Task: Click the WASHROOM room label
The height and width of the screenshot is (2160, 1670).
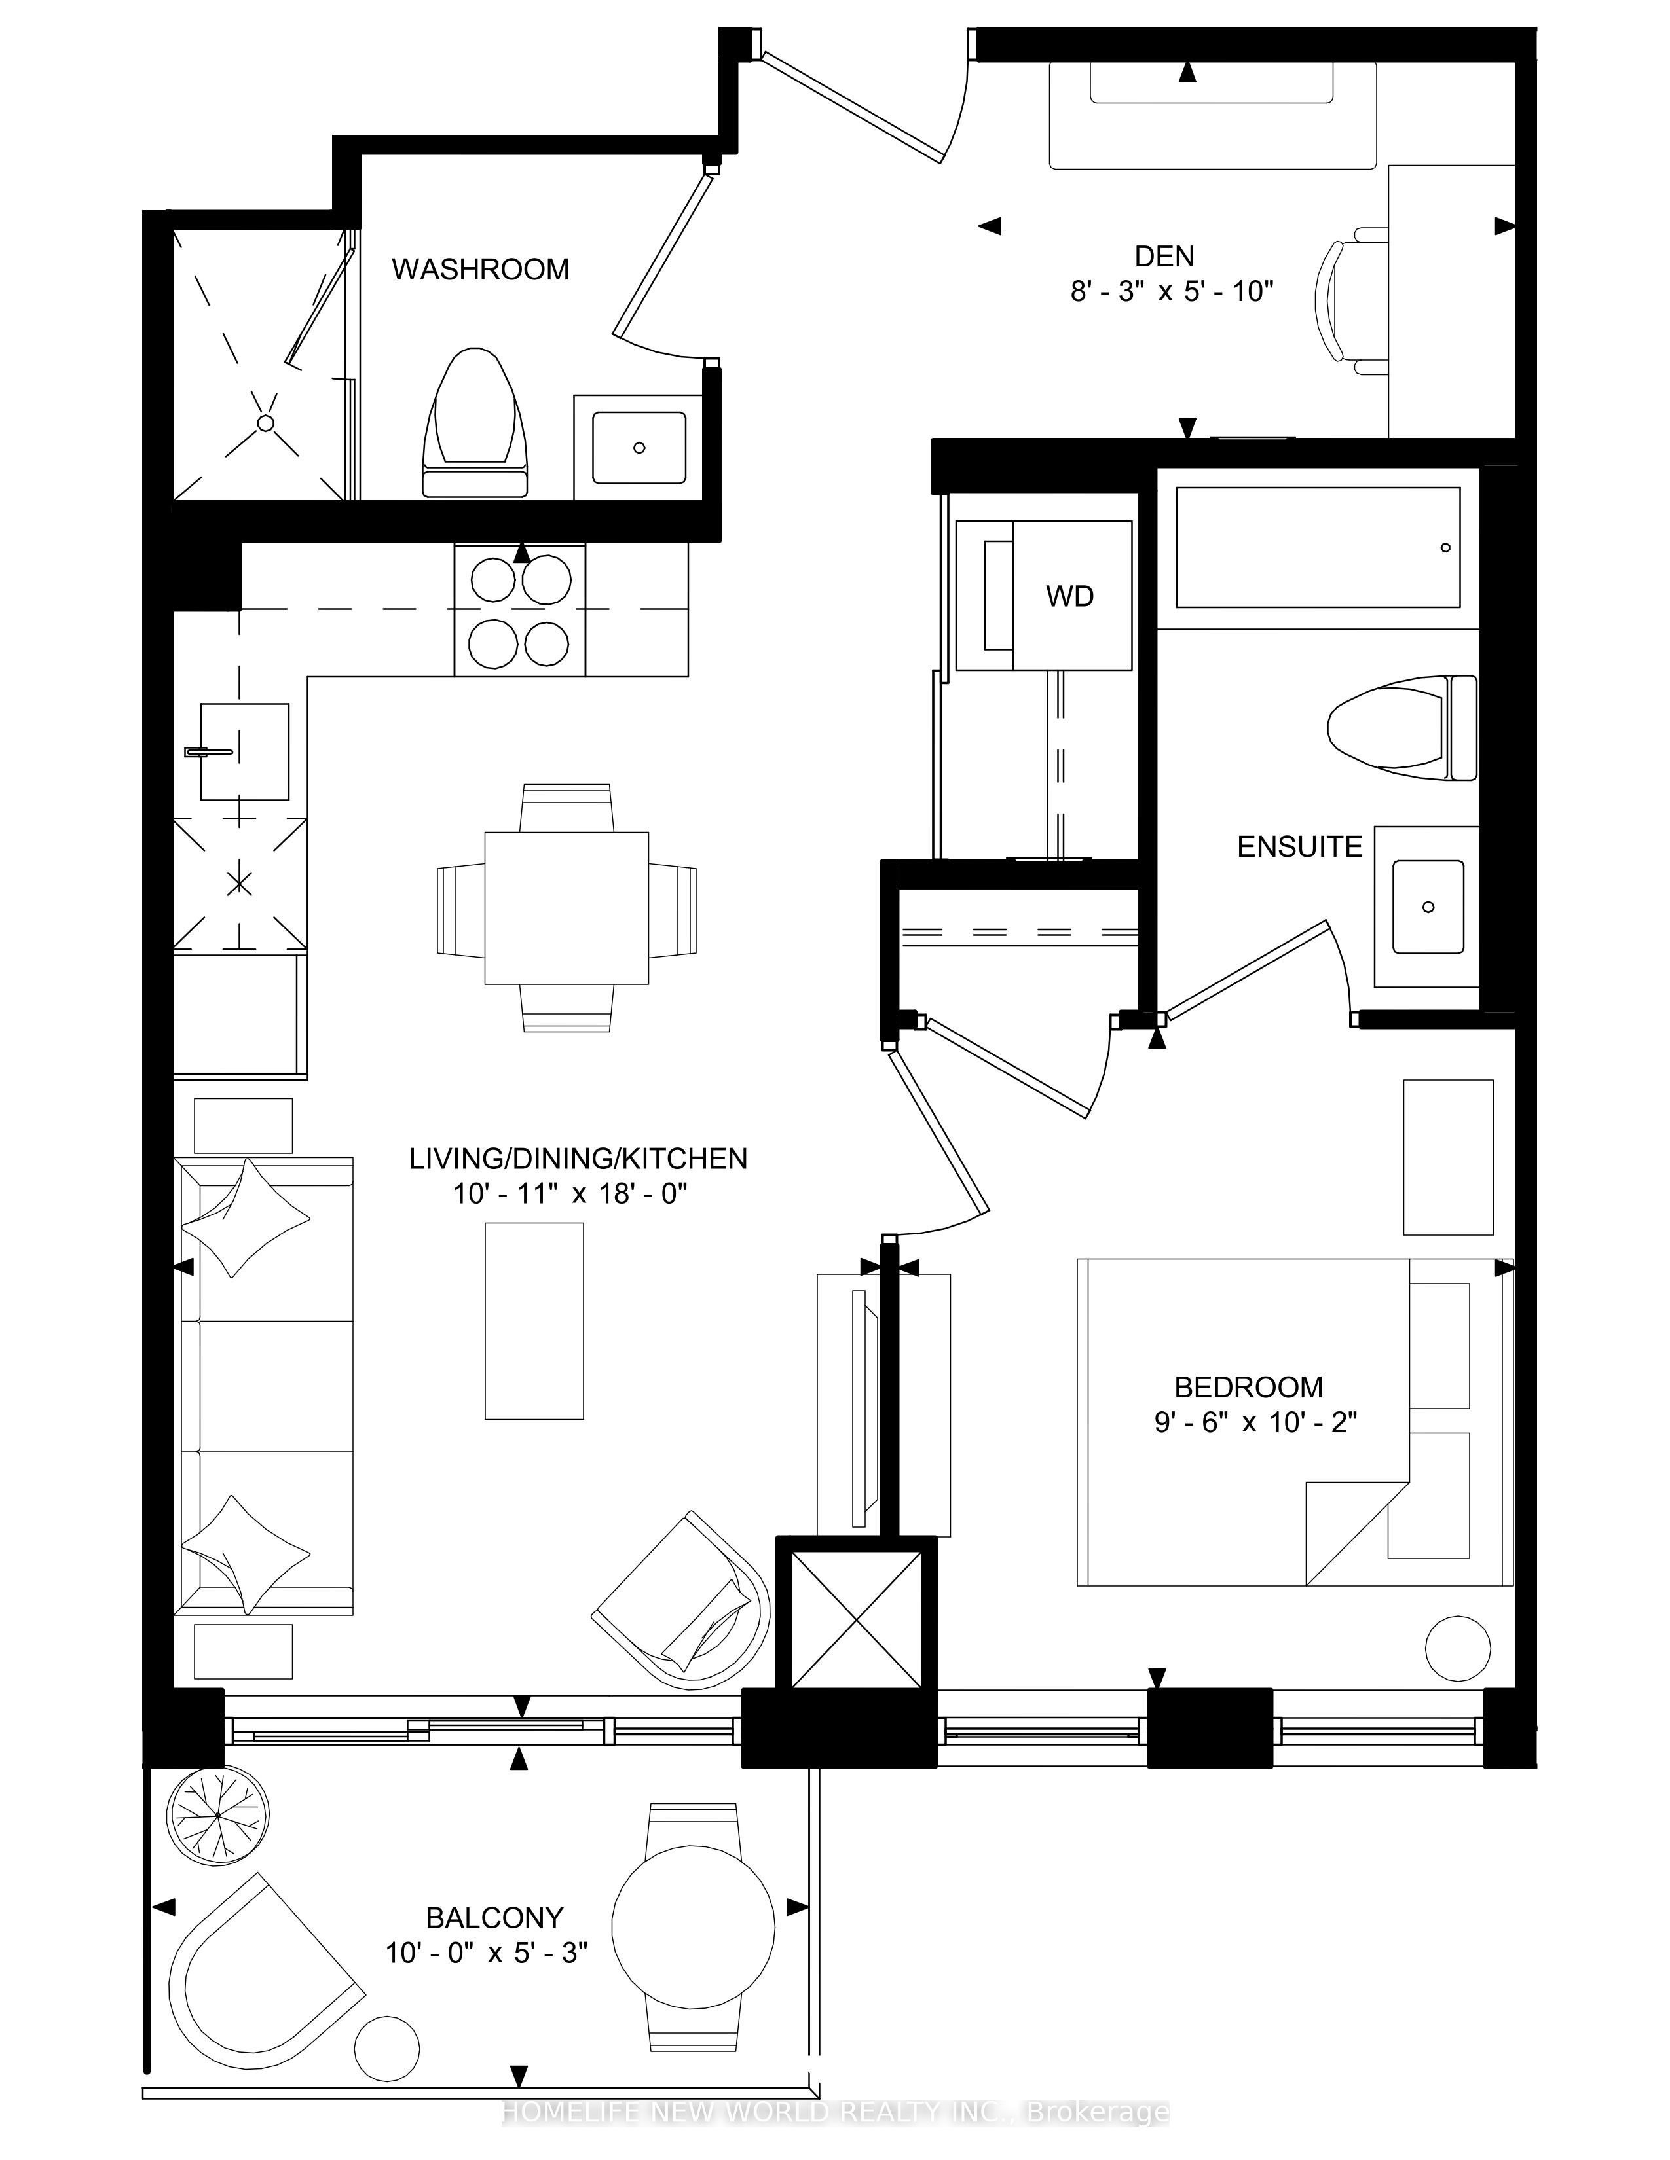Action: tap(480, 269)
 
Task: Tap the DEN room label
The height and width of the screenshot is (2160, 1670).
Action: tap(1164, 256)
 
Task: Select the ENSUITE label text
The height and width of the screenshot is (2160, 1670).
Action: tap(1299, 846)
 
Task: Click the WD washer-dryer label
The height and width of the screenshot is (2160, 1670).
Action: tap(1069, 596)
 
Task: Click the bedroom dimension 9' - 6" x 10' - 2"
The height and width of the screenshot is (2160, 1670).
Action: tap(1255, 1422)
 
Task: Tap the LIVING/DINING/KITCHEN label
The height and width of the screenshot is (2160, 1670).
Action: tap(579, 1158)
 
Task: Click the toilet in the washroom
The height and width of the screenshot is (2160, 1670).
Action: tap(474, 422)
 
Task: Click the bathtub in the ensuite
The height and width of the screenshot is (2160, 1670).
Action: tap(1318, 548)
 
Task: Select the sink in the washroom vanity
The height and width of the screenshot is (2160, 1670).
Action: tap(639, 447)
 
